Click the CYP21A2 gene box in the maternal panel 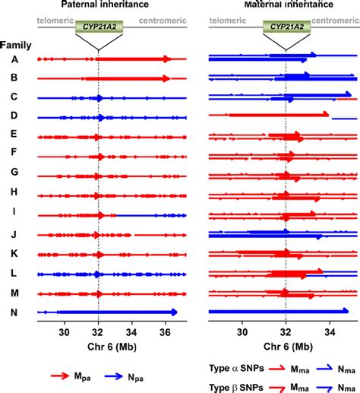tap(286, 28)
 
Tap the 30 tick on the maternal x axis tap(242, 331)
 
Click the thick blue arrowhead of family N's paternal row tap(173, 312)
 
